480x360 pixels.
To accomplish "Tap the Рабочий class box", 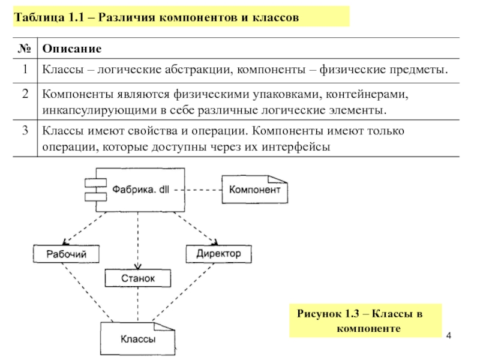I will click(x=67, y=254).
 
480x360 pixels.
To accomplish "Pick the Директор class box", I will click(x=218, y=254).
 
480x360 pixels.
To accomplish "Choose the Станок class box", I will click(x=138, y=278).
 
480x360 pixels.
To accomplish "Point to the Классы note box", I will click(x=139, y=339).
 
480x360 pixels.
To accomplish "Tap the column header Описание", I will click(x=71, y=48).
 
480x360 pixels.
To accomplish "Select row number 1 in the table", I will click(x=25, y=70).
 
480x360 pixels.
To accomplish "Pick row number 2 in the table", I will click(x=25, y=94).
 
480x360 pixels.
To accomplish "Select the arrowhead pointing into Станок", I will click(x=139, y=266).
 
